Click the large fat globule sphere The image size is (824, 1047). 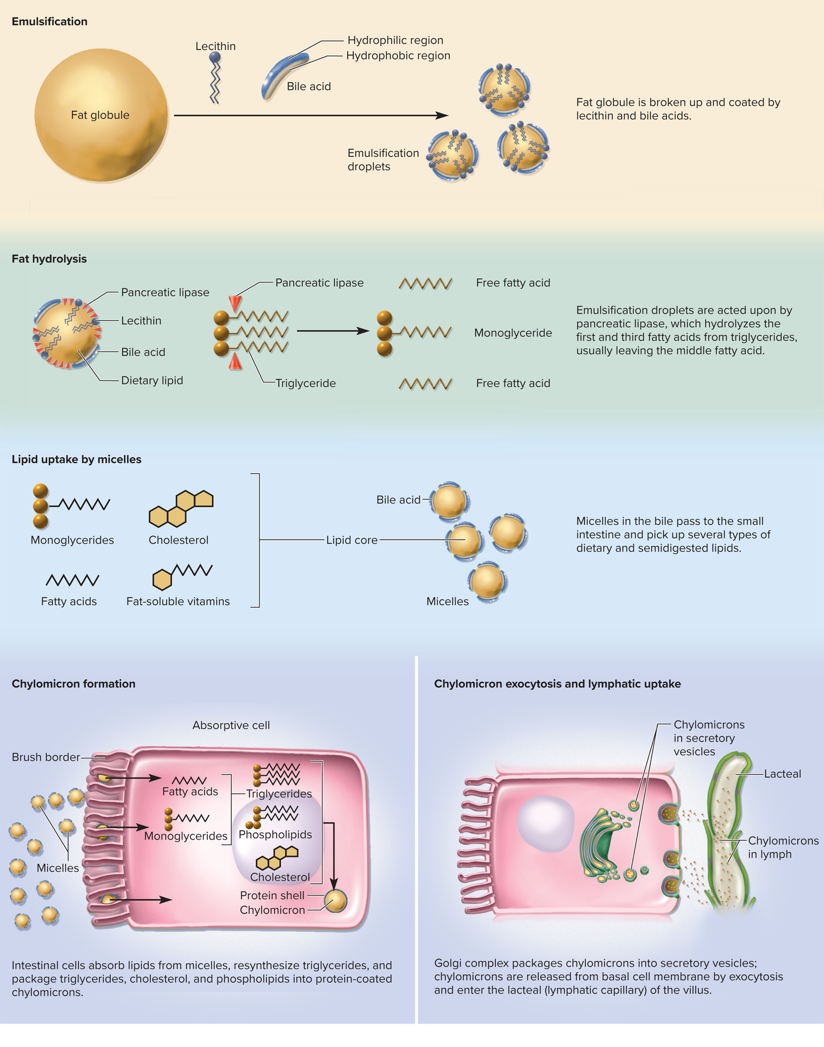coord(101,115)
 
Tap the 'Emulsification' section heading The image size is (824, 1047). coord(50,22)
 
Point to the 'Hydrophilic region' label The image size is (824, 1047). coord(395,40)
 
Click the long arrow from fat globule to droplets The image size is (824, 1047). coord(311,116)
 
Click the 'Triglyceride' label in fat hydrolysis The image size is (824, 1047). coord(306,383)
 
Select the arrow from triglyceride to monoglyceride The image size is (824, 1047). coord(333,331)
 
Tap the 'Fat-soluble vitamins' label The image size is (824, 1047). coord(178,602)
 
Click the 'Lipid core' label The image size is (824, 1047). coord(351,540)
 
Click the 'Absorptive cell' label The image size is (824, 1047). coord(231,725)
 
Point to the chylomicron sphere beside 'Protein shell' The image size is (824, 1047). coord(335,900)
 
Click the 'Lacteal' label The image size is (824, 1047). coord(782,774)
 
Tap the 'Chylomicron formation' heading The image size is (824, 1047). coord(73,684)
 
